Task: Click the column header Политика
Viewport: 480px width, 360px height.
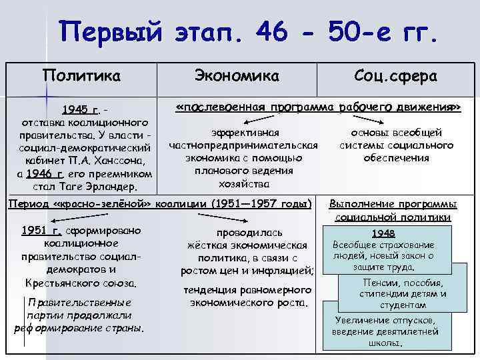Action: pos(82,76)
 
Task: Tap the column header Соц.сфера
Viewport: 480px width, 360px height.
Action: pos(395,76)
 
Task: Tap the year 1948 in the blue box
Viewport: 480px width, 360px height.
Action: pos(384,233)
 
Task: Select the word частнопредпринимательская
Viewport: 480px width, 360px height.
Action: pos(244,145)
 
